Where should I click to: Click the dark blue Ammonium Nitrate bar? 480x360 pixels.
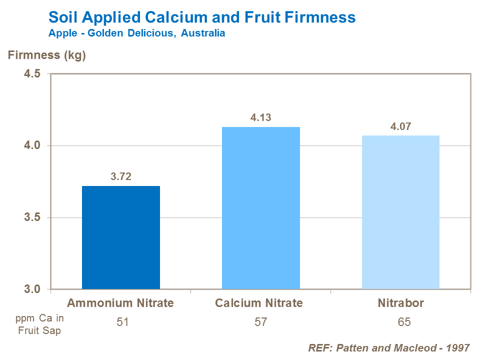pyautogui.click(x=121, y=237)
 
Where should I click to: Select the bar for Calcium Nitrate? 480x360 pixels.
pyautogui.click(x=260, y=208)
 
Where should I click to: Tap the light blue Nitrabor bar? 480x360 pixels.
pyautogui.click(x=400, y=212)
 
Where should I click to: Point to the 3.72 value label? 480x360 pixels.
pyautogui.click(x=120, y=176)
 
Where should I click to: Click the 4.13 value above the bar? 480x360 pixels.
pyautogui.click(x=260, y=117)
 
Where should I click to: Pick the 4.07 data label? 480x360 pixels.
pyautogui.click(x=400, y=126)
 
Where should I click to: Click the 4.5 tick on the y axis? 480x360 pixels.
pyautogui.click(x=33, y=74)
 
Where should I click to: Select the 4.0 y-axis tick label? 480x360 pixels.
pyautogui.click(x=33, y=146)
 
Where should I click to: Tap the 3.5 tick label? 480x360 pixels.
pyautogui.click(x=33, y=218)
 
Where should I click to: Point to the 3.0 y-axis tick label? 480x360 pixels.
pyautogui.click(x=33, y=289)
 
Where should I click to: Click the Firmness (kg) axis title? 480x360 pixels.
pyautogui.click(x=47, y=55)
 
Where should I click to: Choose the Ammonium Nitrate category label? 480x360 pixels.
pyautogui.click(x=120, y=303)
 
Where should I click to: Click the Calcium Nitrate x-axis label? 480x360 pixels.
pyautogui.click(x=259, y=303)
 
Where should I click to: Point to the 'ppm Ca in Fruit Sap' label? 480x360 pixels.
pyautogui.click(x=39, y=324)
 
